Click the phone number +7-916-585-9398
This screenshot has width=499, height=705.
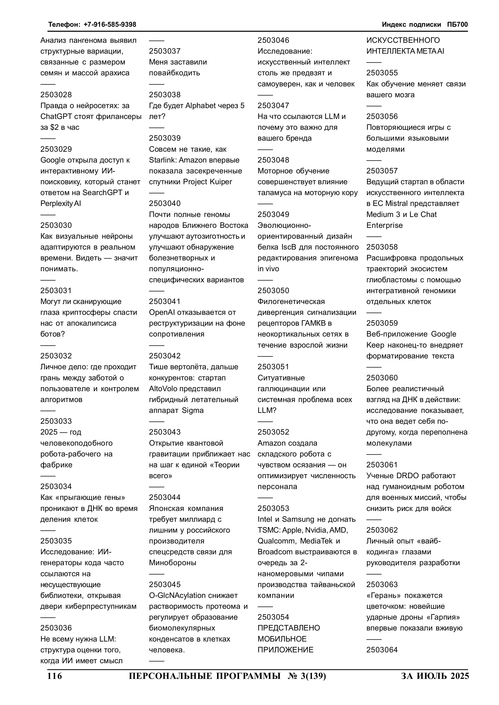click(x=110, y=25)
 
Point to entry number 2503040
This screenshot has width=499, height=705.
click(x=165, y=203)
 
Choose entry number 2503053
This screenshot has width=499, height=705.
click(x=273, y=508)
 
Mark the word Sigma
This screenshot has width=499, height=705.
click(x=193, y=410)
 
